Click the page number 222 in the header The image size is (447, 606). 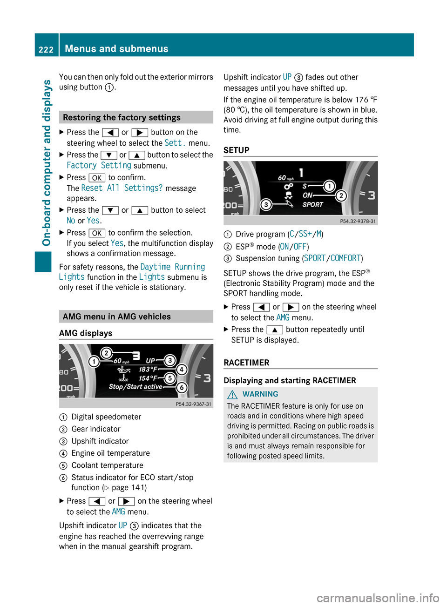pyautogui.click(x=46, y=49)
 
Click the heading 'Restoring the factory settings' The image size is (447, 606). pyautogui.click(x=122, y=117)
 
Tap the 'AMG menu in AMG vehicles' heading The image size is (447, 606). pyautogui.click(x=116, y=316)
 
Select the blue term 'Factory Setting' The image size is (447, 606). pyautogui.click(x=99, y=166)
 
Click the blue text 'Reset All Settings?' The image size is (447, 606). pyautogui.click(x=122, y=188)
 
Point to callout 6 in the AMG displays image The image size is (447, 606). pyautogui.click(x=182, y=387)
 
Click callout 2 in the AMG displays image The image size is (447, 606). pyautogui.click(x=106, y=353)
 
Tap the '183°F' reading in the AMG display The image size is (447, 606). pyautogui.click(x=148, y=369)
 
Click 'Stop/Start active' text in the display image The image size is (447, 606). pyautogui.click(x=135, y=387)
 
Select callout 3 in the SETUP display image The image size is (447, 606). pyautogui.click(x=266, y=204)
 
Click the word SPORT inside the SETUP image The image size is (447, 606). pyautogui.click(x=312, y=205)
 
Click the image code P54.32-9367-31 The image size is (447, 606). pyautogui.click(x=193, y=404)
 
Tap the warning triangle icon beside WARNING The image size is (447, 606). pyautogui.click(x=232, y=394)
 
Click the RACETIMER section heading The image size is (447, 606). pyautogui.click(x=246, y=363)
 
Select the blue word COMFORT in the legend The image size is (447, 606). pyautogui.click(x=345, y=258)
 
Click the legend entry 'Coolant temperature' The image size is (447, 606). pyautogui.click(x=107, y=465)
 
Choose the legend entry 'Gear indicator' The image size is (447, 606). pyautogui.click(x=96, y=429)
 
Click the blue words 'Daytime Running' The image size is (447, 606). pyautogui.click(x=172, y=267)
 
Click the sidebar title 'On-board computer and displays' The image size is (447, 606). pyautogui.click(x=47, y=163)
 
